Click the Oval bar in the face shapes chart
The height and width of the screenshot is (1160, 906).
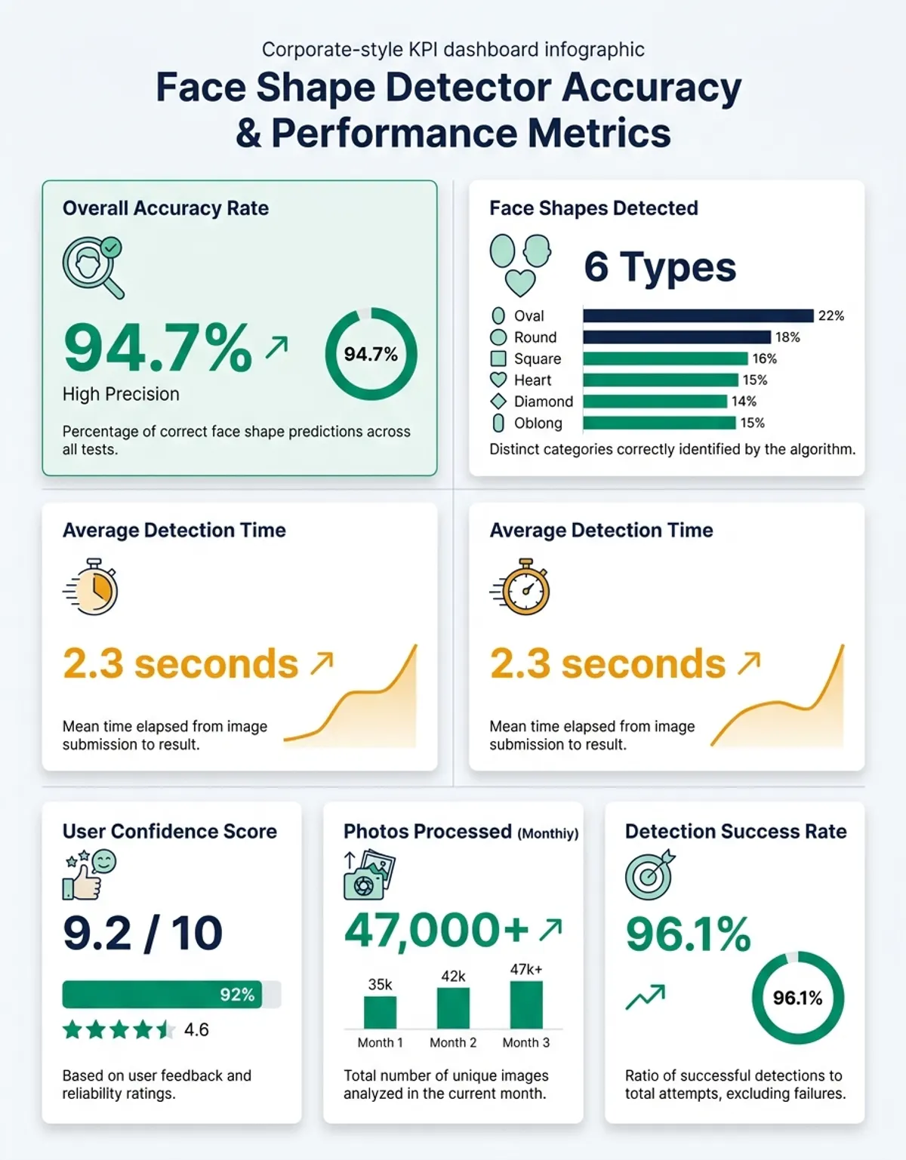(698, 315)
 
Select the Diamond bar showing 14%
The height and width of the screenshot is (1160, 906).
(655, 401)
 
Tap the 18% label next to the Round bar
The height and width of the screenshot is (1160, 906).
(787, 337)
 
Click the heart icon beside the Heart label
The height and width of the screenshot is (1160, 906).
(498, 380)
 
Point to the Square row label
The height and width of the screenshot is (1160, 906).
(537, 358)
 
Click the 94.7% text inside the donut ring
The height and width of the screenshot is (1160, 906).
(371, 354)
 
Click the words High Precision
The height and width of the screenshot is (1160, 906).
(121, 394)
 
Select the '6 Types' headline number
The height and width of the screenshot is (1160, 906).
(660, 267)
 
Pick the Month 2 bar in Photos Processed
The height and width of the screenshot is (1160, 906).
(453, 1008)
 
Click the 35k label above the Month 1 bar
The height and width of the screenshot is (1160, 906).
(380, 984)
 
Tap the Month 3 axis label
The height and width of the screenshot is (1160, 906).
(526, 1042)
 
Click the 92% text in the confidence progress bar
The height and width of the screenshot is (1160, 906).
(237, 995)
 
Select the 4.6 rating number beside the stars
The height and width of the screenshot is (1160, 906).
(196, 1029)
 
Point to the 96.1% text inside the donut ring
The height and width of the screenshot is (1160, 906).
(797, 998)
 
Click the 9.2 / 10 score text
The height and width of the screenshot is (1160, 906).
(143, 934)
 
